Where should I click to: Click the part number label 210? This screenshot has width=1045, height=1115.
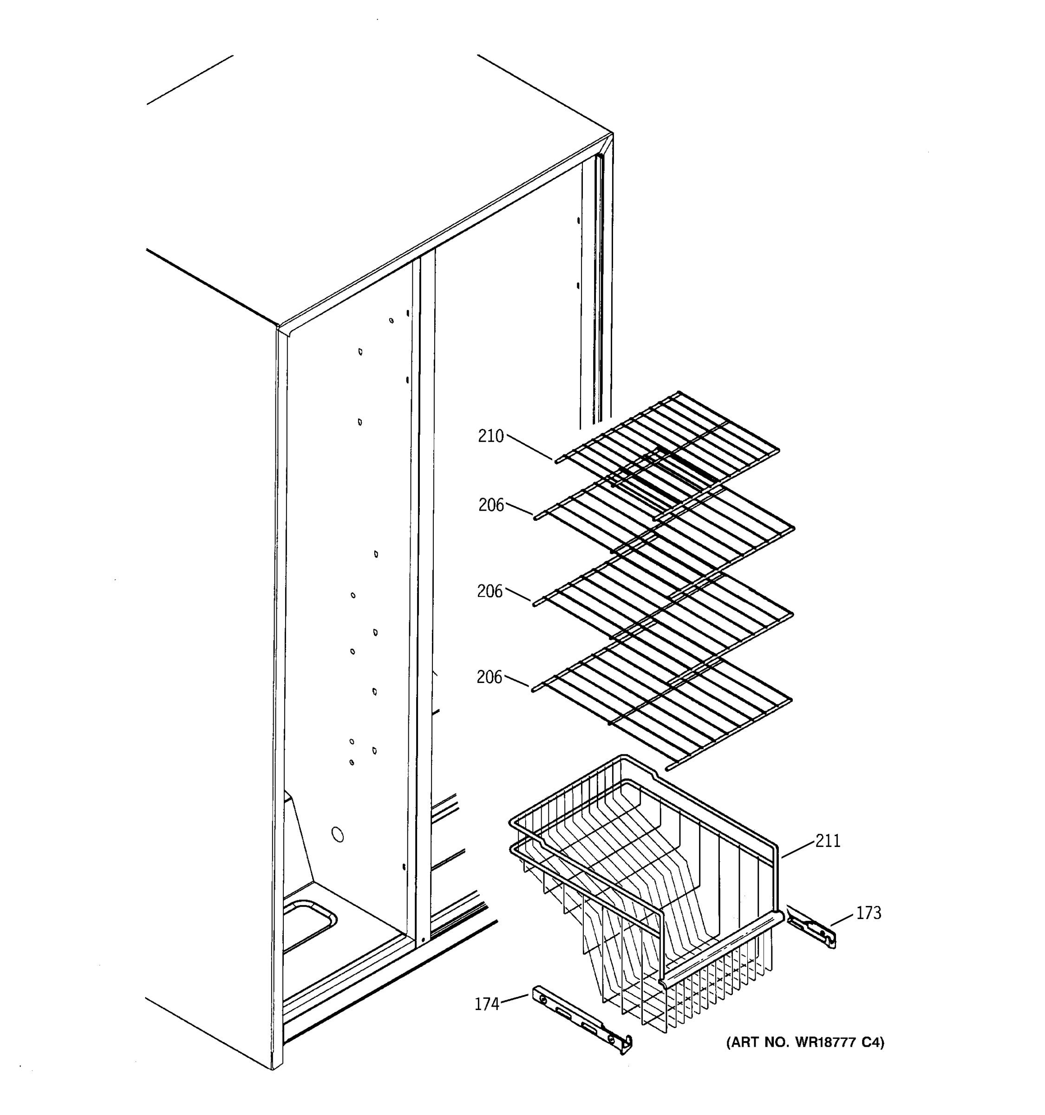[x=490, y=436]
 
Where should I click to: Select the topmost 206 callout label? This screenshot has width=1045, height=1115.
[x=491, y=505]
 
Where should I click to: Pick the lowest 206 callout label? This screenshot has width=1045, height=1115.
[x=490, y=677]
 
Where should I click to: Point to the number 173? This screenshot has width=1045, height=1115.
[x=869, y=912]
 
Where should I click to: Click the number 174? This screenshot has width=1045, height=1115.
[x=487, y=1003]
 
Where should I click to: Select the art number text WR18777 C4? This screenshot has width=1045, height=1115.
[x=805, y=1042]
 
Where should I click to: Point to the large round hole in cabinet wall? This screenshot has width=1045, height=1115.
[x=338, y=834]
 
